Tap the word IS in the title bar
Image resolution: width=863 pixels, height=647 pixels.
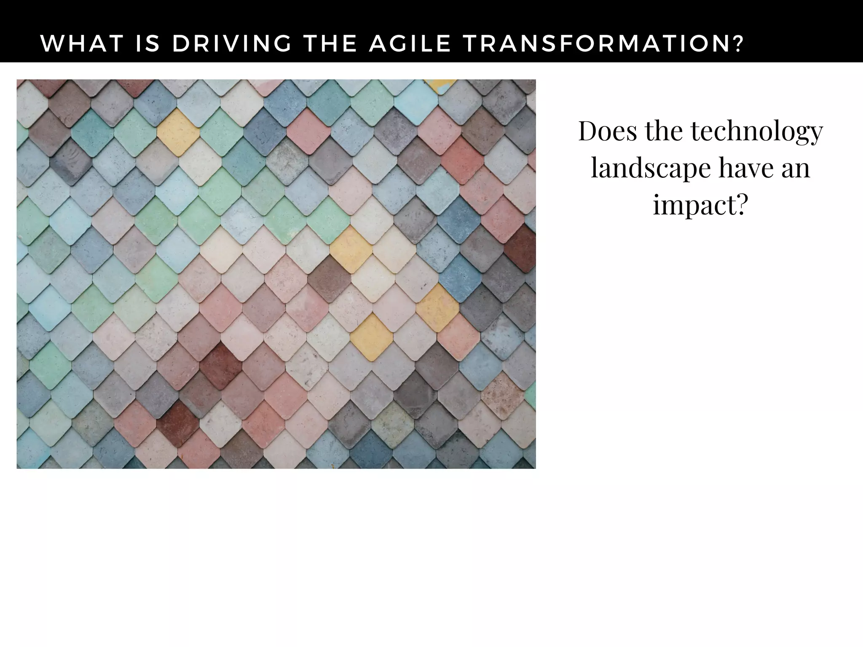pyautogui.click(x=147, y=43)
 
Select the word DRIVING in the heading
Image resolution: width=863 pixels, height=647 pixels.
pyautogui.click(x=232, y=43)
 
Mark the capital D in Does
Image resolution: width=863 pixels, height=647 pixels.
pyautogui.click(x=588, y=131)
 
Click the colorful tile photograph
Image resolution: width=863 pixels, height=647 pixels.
pyautogui.click(x=276, y=274)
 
